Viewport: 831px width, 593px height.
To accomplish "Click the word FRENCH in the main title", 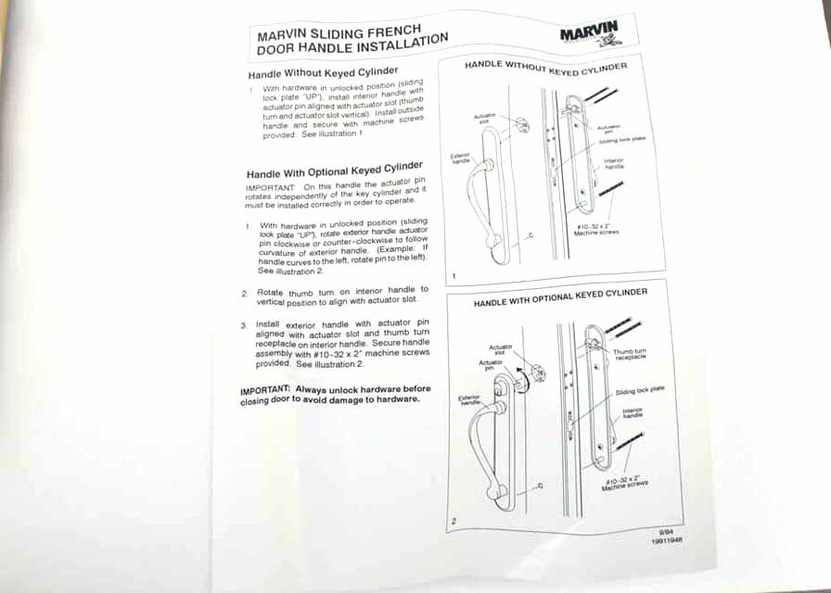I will tap(406, 29).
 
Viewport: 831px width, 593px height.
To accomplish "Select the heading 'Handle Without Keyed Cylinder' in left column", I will tap(323, 72).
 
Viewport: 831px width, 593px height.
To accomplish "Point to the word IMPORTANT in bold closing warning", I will tap(265, 390).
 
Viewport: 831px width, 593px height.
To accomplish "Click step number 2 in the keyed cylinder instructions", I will tap(245, 293).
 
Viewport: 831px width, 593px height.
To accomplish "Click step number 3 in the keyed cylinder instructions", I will tap(243, 325).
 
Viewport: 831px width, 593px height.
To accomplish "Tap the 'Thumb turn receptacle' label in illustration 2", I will tap(630, 355).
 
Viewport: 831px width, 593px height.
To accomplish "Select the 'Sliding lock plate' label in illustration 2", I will tap(639, 392).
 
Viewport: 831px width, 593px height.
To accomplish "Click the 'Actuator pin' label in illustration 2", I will tap(491, 365).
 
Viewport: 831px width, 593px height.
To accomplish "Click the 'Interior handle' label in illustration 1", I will tap(614, 164).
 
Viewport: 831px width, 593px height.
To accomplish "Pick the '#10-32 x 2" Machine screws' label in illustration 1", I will tap(594, 229).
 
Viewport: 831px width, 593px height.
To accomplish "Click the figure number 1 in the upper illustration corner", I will tap(454, 276).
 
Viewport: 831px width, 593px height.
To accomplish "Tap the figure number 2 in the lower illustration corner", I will tap(454, 521).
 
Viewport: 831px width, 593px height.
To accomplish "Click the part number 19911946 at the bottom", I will tap(667, 540).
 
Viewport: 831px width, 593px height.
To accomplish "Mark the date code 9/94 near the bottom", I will tap(665, 531).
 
